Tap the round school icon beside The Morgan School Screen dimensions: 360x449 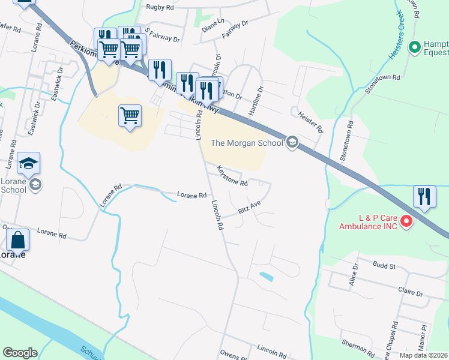pos(292,142)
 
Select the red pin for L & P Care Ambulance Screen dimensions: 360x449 pos(406,221)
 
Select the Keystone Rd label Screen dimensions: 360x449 pos(232,175)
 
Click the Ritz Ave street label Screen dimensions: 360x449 pos(249,208)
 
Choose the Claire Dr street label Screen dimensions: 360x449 pos(411,292)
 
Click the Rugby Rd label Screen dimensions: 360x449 pos(160,8)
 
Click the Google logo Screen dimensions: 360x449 pos(20,353)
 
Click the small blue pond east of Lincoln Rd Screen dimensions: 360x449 pos(265,277)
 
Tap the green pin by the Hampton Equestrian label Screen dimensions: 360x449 pos(414,47)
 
